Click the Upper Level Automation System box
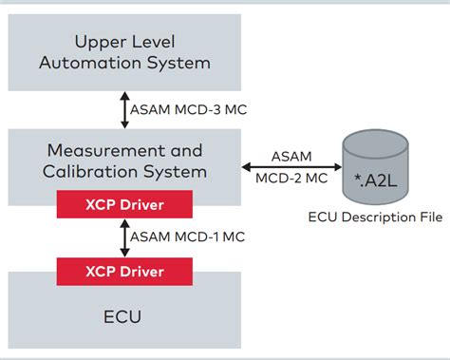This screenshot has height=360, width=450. (122, 53)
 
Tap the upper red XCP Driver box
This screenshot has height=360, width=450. (123, 203)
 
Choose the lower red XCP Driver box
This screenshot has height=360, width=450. (123, 272)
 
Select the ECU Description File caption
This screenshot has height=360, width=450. (376, 218)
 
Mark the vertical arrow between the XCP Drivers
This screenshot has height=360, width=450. (123, 237)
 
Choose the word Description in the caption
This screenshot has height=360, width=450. (374, 218)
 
